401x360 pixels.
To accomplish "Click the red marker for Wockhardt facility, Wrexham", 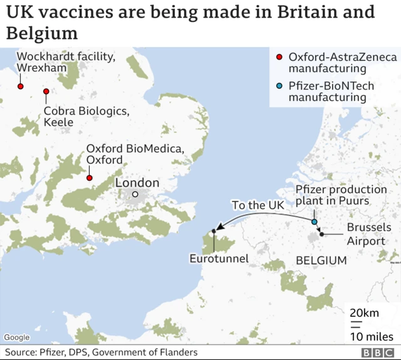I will (21, 87).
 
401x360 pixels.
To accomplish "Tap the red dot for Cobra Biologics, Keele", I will (46, 92).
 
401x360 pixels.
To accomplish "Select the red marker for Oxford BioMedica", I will (89, 177).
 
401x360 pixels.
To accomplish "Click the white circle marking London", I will (135, 194).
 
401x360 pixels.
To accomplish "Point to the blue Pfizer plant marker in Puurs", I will (315, 222).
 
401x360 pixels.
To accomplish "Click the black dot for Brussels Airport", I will (321, 234).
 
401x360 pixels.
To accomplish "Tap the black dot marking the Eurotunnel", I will (214, 231).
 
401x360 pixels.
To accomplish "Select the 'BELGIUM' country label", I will (321, 260).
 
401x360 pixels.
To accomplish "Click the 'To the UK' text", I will (258, 205).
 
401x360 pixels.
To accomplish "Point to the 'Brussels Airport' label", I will (369, 233).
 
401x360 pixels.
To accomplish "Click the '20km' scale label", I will (363, 312).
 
